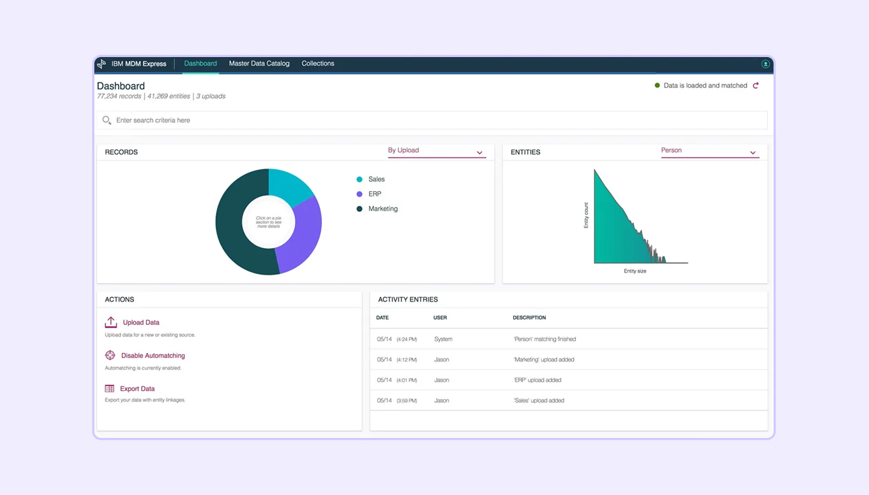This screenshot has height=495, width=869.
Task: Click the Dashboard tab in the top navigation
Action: [200, 64]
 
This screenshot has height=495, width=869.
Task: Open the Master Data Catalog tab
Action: [259, 64]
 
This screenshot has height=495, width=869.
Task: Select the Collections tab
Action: [318, 64]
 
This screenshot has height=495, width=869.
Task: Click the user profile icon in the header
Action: [765, 64]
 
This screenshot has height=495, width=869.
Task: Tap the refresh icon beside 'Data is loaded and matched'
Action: [756, 86]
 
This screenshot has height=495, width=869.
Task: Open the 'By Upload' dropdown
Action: [436, 151]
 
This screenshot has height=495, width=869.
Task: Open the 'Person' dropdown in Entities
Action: [709, 151]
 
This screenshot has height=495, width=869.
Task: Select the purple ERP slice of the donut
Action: [302, 236]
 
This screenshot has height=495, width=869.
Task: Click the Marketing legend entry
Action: [383, 209]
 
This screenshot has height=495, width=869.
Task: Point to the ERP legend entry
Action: [375, 194]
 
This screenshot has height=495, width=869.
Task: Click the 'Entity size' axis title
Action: [635, 271]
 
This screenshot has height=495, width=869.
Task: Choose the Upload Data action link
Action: [141, 323]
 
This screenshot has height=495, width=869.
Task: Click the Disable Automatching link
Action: [153, 356]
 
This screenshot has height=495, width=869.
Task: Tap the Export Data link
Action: [137, 389]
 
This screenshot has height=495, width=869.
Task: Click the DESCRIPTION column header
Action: [529, 318]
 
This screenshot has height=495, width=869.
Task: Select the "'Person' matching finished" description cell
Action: [545, 339]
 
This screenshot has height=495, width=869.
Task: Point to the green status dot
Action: [657, 86]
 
